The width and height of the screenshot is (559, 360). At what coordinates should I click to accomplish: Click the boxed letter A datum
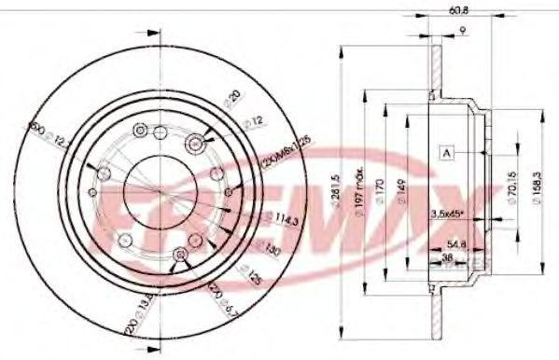pos(449,153)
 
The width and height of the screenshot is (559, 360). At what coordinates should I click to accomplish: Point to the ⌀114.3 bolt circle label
pos(257,220)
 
